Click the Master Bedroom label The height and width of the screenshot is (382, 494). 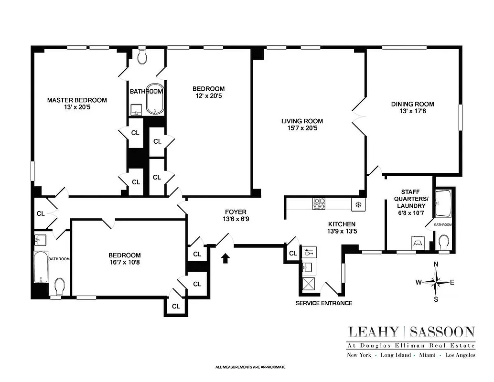(77, 100)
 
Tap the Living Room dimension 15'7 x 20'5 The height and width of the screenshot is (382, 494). (301, 128)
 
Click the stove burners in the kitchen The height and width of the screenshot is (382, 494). (319, 204)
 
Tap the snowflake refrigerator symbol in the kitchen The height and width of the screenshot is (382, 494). (356, 204)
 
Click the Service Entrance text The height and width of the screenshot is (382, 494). (323, 303)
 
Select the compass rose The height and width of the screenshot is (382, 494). (435, 282)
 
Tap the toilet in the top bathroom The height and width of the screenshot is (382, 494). (142, 57)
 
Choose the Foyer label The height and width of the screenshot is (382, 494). (236, 212)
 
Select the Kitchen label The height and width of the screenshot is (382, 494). (342, 224)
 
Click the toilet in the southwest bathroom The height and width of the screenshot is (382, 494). (60, 287)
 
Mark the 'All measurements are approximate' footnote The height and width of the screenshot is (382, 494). (250, 367)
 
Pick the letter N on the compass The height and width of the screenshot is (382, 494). (435, 265)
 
